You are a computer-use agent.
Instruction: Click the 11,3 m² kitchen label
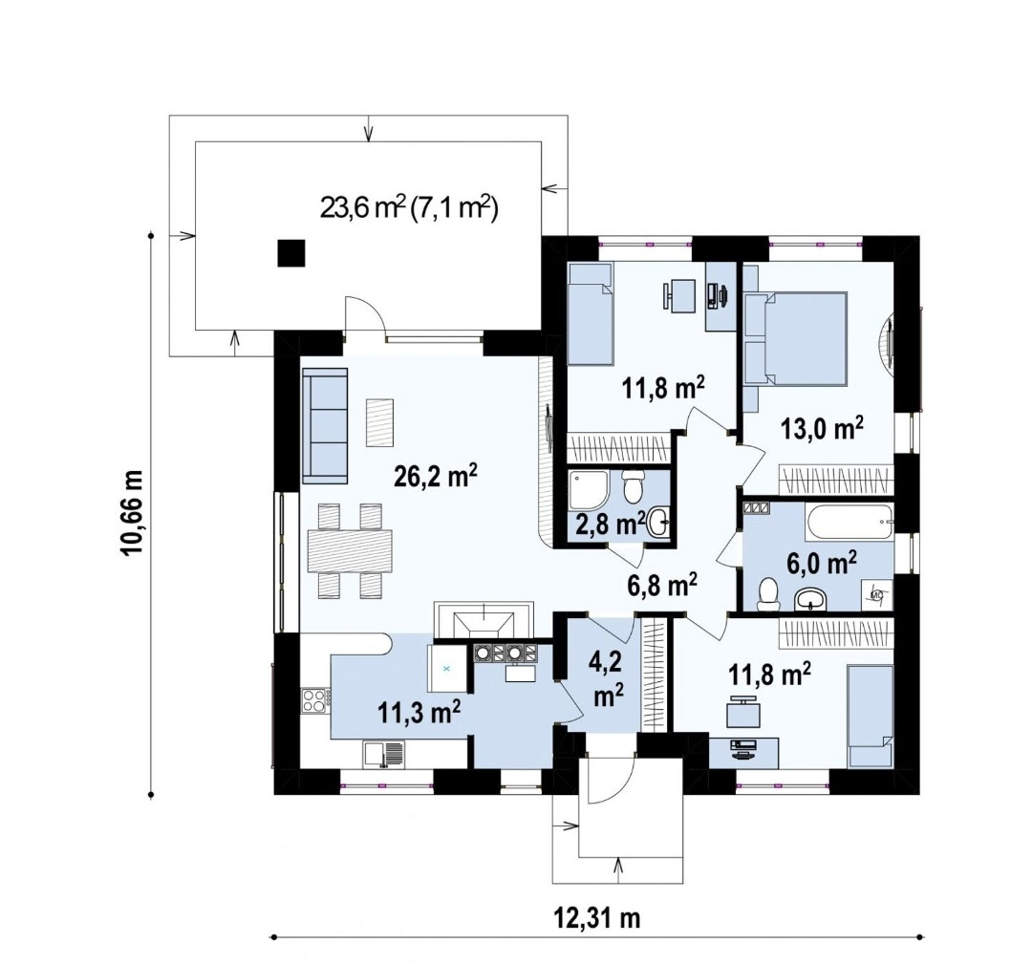419,712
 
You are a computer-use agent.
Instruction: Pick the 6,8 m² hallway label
661,583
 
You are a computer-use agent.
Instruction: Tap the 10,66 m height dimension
132,513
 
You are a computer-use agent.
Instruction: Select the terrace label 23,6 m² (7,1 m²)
409,208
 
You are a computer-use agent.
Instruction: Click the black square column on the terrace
290,253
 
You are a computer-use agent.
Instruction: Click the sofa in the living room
325,426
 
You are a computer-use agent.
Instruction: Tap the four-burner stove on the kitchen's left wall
315,699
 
